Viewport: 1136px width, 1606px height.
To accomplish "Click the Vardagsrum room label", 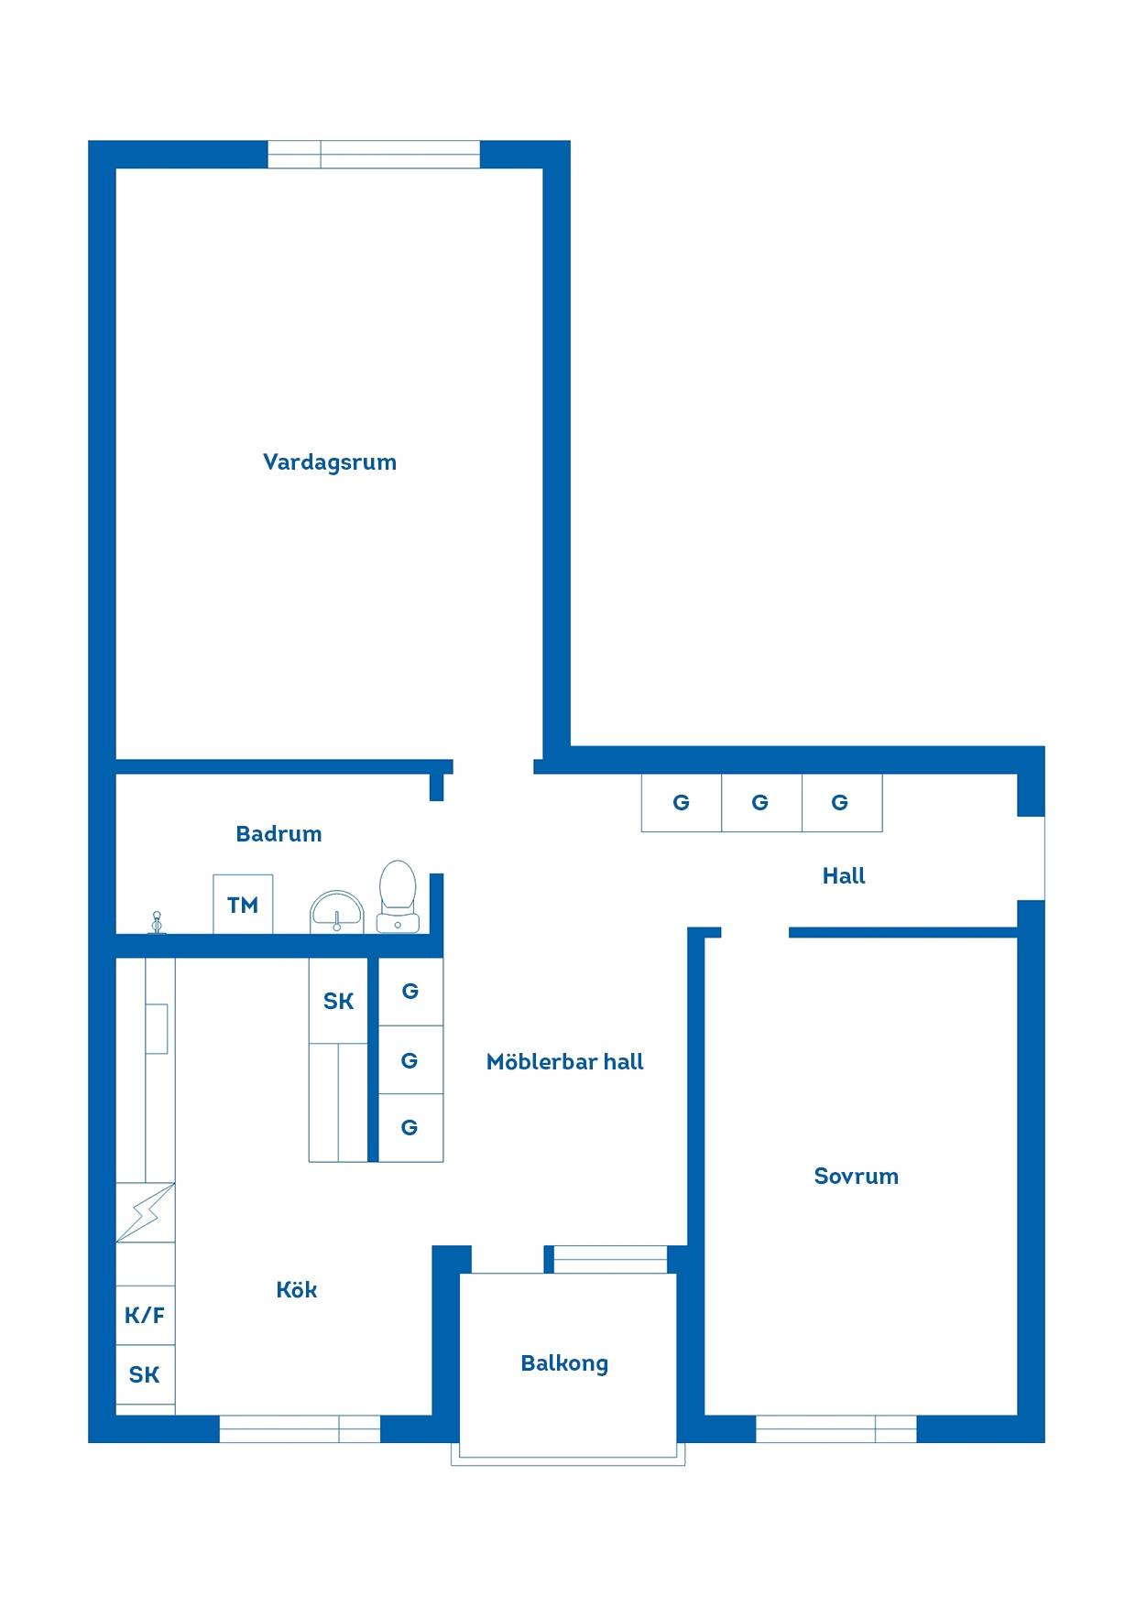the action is pos(330,462).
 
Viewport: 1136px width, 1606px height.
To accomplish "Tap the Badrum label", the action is pos(279,834).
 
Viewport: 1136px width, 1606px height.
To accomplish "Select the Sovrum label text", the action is pos(856,1177).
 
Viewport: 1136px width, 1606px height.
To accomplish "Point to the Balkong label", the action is pos(564,1364).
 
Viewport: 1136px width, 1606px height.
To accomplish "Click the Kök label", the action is pos(297,1290).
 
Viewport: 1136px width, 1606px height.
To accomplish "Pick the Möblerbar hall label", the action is pos(564,1062).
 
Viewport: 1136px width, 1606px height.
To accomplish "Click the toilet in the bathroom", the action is pos(398,896).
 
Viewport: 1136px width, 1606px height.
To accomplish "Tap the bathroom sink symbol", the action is pos(337,912).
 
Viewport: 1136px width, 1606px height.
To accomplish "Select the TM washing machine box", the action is pos(243,905).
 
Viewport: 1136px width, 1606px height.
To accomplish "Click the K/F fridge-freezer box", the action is pos(145,1316).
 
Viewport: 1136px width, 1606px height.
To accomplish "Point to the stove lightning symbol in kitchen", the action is pos(145,1212).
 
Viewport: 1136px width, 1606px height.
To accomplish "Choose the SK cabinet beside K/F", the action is pos(145,1374).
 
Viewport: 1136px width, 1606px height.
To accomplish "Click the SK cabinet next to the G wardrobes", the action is pos(338,1001).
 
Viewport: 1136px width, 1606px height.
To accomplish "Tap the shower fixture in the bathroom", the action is pos(157,923).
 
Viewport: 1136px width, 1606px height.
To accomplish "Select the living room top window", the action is pos(374,155).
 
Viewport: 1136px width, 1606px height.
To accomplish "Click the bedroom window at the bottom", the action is pos(836,1429).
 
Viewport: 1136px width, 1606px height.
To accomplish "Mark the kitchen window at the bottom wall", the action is pos(300,1429).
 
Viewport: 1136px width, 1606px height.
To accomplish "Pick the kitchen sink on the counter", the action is pos(157,1028).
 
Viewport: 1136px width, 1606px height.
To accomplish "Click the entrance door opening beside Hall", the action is pos(1032,858).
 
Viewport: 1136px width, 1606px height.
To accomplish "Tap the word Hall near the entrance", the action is pos(844,876).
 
